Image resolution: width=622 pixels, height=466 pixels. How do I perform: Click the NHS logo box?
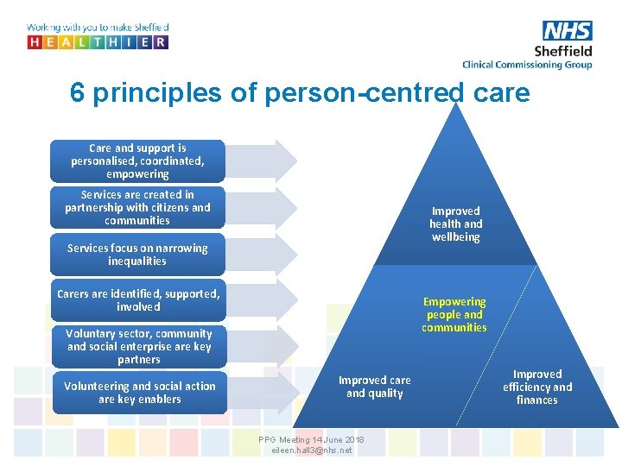pos(568,31)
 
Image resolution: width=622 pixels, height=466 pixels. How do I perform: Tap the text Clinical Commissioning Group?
pos(527,65)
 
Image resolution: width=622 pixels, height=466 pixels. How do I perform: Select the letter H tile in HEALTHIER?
pos(35,41)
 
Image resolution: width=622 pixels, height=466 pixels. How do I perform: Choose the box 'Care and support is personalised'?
pos(137,161)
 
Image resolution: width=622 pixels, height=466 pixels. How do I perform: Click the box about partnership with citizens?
pos(137,207)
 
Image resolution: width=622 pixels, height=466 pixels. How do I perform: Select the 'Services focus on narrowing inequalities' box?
pos(137,254)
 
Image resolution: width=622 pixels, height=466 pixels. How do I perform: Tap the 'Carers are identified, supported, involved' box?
pos(137,300)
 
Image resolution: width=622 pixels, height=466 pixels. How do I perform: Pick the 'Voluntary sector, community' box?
pos(138,346)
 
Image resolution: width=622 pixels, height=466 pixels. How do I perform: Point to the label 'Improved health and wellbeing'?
pos(455,224)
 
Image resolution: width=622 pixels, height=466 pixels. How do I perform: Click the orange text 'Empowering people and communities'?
pos(454,314)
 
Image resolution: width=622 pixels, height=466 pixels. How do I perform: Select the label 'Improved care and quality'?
pos(374,387)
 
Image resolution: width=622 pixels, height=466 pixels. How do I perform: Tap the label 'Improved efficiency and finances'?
pos(537,387)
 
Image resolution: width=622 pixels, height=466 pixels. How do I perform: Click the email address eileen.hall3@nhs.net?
pos(311,450)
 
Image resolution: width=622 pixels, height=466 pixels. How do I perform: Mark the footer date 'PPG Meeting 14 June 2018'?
pos(311,440)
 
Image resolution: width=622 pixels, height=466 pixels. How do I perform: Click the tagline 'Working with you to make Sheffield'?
pos(98,28)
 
